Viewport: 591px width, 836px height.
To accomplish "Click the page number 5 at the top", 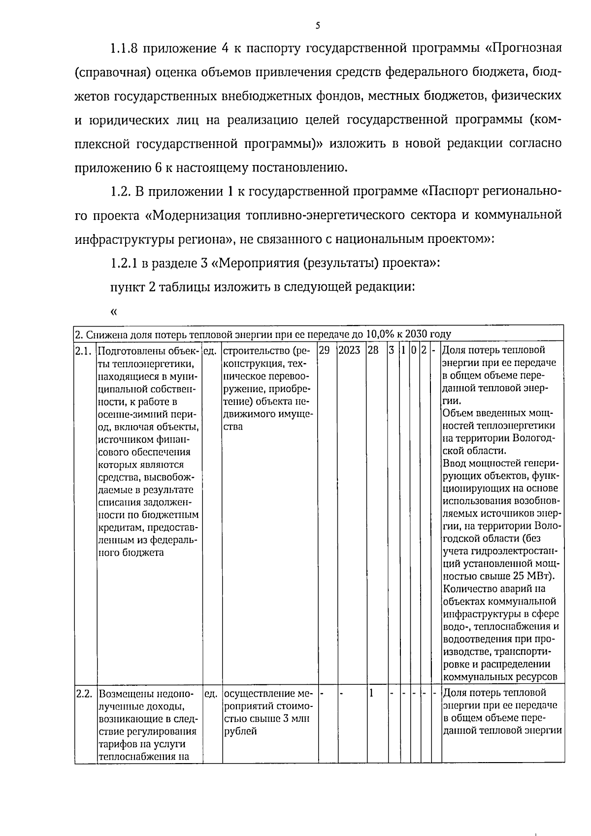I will pos(318,25).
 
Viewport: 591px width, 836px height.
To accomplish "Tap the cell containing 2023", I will pos(349,350).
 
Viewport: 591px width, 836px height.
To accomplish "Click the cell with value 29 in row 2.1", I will pos(325,350).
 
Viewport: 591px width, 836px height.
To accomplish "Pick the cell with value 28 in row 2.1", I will pos(374,350).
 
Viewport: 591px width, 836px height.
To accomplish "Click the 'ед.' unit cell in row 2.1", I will pos(211,351).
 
